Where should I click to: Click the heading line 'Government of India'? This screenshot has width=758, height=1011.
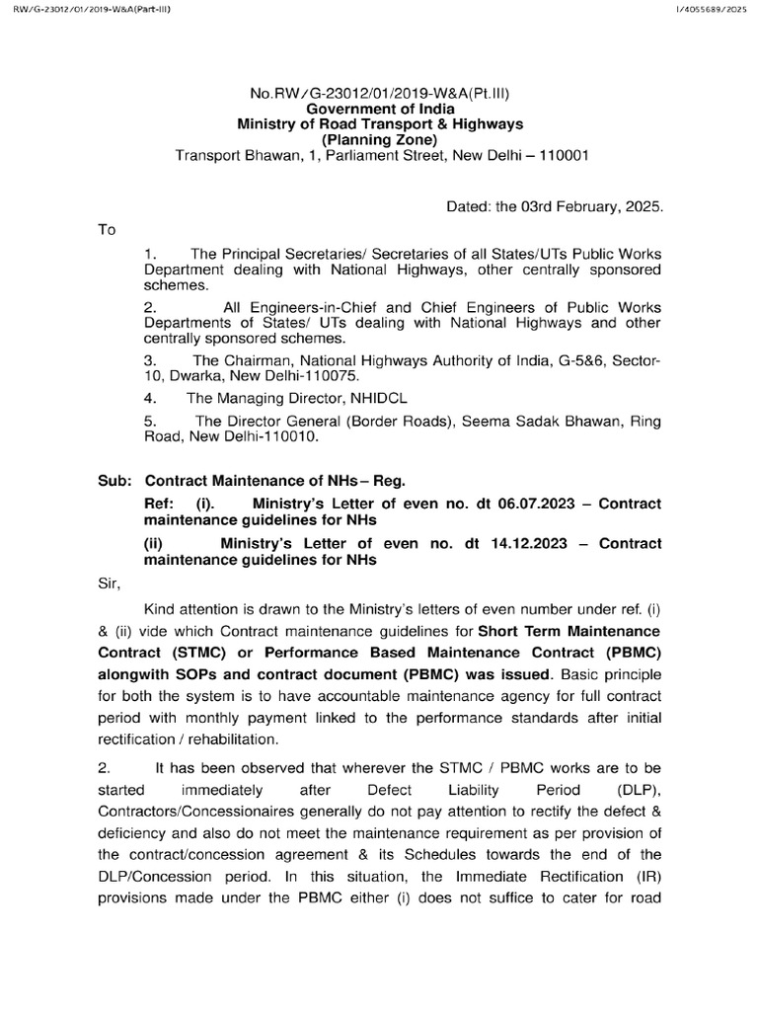tap(380, 109)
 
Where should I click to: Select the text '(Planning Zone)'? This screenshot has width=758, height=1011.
tap(380, 140)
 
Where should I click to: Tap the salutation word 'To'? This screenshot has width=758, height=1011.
tap(107, 230)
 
